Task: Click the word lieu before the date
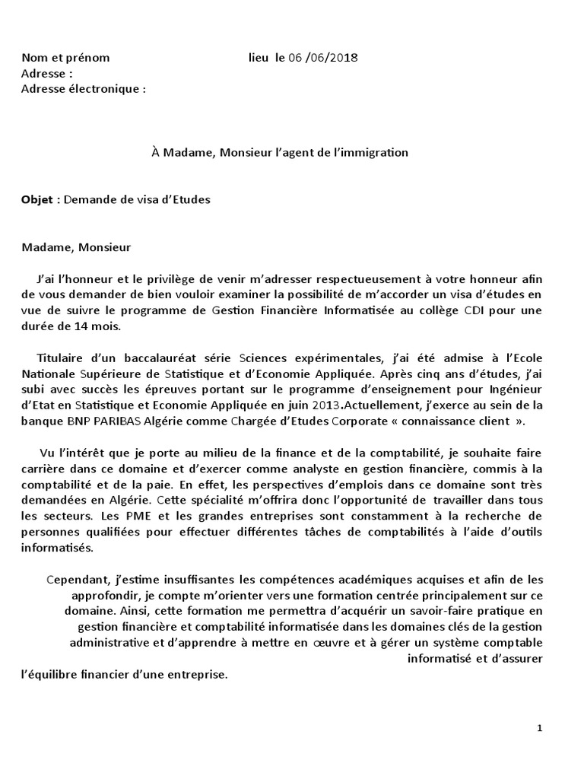(x=259, y=58)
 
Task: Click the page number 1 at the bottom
(x=540, y=728)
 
